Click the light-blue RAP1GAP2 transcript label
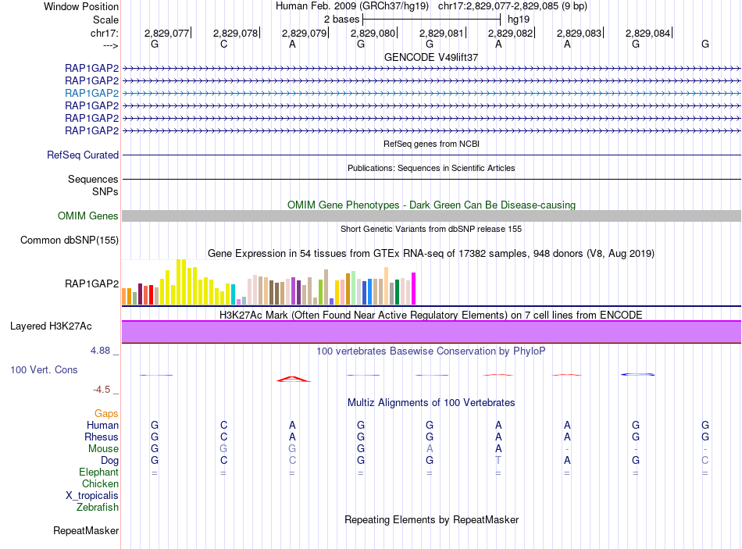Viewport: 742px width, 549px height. (92, 93)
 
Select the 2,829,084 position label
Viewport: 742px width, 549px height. (647, 33)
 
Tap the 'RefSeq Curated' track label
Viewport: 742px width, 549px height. (83, 155)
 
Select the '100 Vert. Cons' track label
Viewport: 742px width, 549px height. (44, 369)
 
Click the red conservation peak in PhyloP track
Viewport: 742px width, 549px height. (292, 379)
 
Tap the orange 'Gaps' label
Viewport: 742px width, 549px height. (106, 413)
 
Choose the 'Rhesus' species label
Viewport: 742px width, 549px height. (102, 437)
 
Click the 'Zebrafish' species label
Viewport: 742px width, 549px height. (98, 508)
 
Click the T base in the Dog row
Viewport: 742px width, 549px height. (498, 461)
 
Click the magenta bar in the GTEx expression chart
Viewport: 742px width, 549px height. (414, 288)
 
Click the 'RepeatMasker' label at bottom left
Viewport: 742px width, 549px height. (86, 531)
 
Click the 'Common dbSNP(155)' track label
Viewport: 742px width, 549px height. (70, 241)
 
